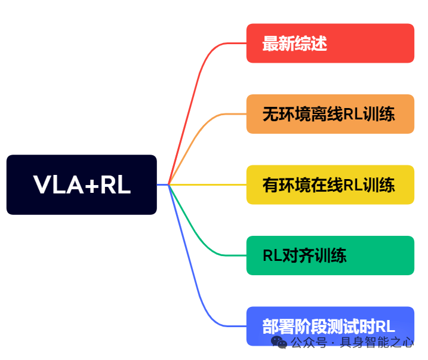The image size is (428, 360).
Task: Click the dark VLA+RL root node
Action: pyautogui.click(x=81, y=184)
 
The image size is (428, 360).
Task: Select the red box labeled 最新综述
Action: pyautogui.click(x=330, y=43)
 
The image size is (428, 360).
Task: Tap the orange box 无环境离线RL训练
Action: pyautogui.click(x=330, y=113)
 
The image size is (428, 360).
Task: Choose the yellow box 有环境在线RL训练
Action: pyautogui.click(x=330, y=184)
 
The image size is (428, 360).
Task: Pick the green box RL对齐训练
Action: pyautogui.click(x=330, y=256)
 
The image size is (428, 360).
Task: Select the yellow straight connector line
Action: pyautogui.click(x=209, y=184)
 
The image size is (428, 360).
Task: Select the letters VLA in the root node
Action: pyautogui.click(x=58, y=185)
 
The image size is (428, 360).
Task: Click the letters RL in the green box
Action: pyautogui.click(x=272, y=256)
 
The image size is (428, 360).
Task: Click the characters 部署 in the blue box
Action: pyautogui.click(x=278, y=327)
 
